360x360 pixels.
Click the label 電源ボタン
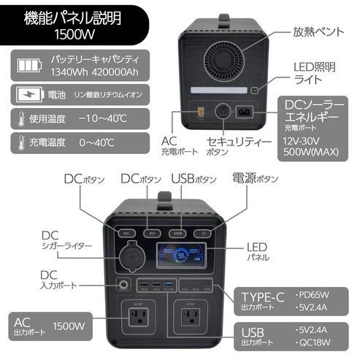[x=255, y=178]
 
